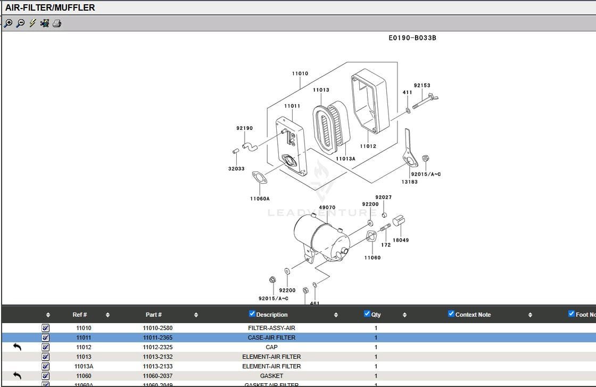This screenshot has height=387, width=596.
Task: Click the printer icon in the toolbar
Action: coord(57,23)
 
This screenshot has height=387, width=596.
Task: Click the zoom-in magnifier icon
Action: coord(8,23)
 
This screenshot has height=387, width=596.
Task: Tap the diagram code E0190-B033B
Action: coord(412,38)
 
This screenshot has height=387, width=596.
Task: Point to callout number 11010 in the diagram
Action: coord(300,73)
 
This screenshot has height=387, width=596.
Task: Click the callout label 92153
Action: coord(422,85)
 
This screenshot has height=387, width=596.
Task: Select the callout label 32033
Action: coord(236,169)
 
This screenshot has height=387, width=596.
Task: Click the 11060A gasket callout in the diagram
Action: coord(260,199)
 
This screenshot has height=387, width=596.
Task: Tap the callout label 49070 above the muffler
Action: coord(327,208)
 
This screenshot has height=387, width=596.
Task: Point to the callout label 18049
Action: coord(401,240)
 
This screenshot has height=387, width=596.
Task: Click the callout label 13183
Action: coord(409,182)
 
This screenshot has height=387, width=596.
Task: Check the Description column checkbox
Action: coord(252,314)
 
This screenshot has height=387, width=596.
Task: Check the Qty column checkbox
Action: coord(367,314)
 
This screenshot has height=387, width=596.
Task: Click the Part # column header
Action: coord(153,315)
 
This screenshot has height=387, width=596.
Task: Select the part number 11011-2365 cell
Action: coord(158,337)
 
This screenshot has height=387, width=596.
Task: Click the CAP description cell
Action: coord(271,347)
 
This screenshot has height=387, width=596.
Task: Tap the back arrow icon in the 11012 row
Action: coord(17,347)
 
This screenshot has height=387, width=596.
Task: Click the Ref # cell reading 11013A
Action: coord(84,366)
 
